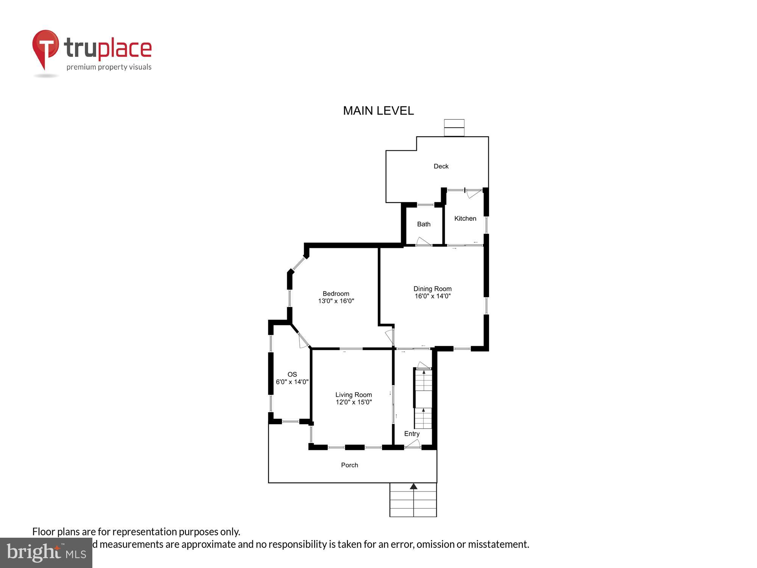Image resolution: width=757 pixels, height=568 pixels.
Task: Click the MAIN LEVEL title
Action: pos(378,111)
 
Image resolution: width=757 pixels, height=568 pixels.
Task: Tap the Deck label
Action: pos(441,166)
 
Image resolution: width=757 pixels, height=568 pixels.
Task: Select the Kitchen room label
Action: pos(465,218)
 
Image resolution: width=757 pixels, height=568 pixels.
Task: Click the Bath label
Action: pos(424,224)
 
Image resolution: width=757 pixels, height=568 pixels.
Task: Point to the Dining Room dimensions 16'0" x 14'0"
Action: pos(432,296)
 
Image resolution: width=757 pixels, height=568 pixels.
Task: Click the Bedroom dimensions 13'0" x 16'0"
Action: pos(336,301)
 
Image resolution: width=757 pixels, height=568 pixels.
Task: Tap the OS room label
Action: pos(292,375)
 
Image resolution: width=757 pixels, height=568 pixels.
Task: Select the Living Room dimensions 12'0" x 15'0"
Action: pos(354,402)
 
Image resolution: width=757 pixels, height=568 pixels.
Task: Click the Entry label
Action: pos(411,434)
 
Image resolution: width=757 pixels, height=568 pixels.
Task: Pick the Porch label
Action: pos(349,465)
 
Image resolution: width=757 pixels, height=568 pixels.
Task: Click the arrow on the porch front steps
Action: pos(413,487)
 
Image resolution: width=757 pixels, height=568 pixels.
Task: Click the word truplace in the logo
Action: pos(108,48)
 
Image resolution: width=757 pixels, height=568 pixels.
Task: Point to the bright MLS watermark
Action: pos(46,553)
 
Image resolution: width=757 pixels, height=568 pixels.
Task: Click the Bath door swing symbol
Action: pos(422,241)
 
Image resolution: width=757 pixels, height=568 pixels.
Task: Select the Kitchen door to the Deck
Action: pos(473,193)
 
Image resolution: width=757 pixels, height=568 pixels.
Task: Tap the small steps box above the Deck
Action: pos(454,128)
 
